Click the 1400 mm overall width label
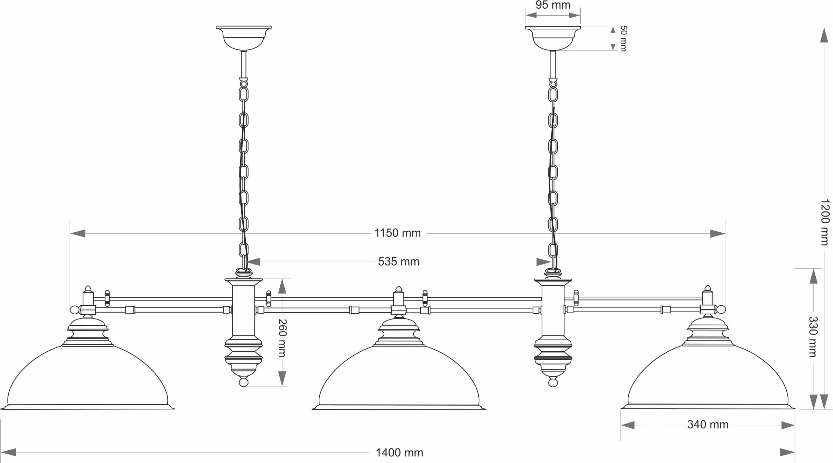coord(399,452)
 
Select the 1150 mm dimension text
coord(397,233)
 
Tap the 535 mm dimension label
coord(399,262)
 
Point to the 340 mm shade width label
coord(708,424)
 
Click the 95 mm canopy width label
coord(553,5)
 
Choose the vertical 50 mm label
coord(623,38)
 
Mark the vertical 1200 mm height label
coord(825,222)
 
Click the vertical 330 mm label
coord(813,336)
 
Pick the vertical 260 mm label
coord(282,338)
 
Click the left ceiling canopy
coord(244,37)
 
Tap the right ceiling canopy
coord(553,37)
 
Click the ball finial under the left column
coord(244,382)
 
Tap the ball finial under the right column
coord(553,382)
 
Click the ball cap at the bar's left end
coord(74,309)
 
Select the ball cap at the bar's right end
coord(721,309)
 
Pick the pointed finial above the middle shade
coord(399,289)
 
